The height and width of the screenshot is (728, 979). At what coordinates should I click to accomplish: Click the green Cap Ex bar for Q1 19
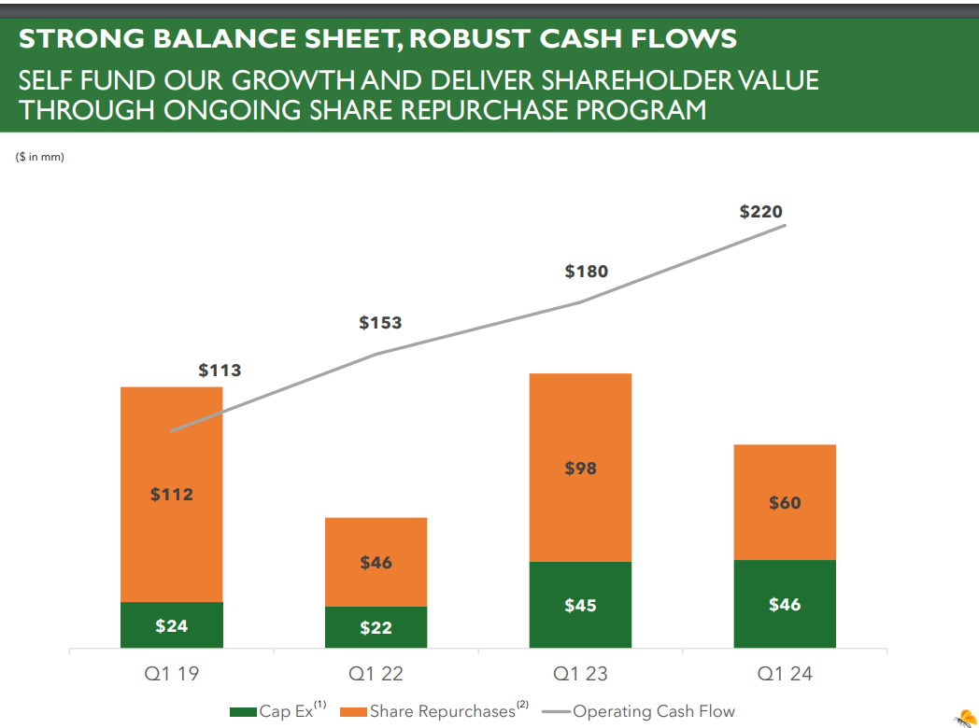172,625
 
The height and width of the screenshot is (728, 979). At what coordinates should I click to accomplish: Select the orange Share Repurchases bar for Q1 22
376,562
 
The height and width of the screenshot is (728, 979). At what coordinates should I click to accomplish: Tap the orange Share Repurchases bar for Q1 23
580,468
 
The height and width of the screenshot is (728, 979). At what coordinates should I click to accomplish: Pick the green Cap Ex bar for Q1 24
785,604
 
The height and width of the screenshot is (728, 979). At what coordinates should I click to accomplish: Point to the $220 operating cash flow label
760,212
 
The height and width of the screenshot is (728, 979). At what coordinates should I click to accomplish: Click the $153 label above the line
380,323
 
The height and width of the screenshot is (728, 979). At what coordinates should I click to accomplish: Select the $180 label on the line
586,272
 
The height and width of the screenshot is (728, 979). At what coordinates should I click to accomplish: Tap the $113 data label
220,371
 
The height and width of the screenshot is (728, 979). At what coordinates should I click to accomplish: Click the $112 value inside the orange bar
172,495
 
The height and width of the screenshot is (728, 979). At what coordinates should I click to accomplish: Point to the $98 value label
580,469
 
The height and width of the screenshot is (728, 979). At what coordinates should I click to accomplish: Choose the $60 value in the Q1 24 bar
785,503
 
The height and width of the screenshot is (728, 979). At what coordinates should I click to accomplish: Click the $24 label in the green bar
172,626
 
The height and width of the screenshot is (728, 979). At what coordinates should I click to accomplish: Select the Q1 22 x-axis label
376,673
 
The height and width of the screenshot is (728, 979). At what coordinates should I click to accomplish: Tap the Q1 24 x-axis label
785,673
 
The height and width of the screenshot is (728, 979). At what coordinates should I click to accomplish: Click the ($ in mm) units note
39,157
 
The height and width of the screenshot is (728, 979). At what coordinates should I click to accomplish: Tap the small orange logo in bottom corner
963,717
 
